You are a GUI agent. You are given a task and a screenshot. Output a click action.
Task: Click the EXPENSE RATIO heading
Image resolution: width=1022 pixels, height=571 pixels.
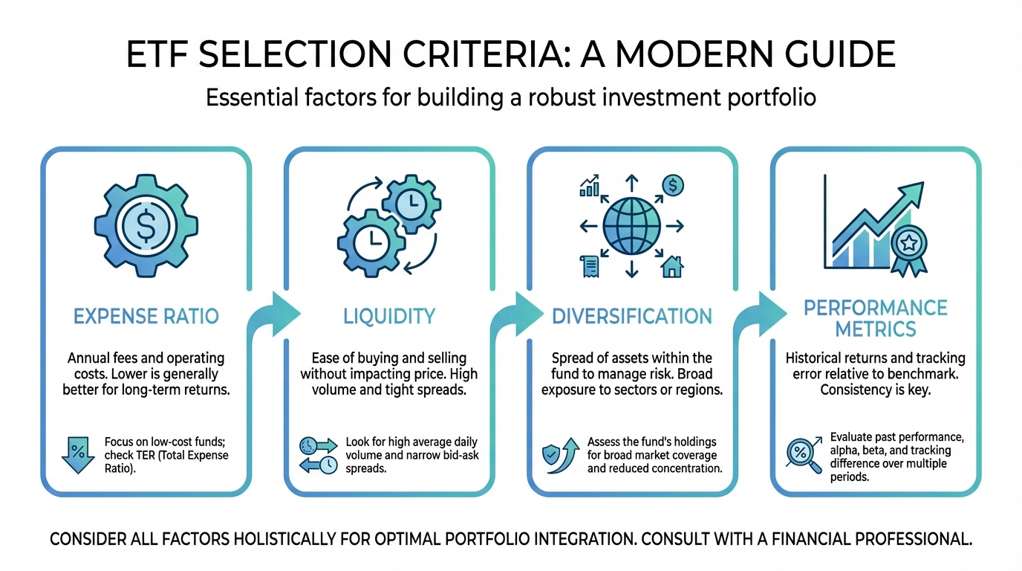146,316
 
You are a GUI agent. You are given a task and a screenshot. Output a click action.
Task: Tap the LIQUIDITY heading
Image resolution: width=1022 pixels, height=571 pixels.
389,316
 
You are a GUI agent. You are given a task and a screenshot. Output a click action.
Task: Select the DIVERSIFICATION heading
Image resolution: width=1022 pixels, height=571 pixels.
632,316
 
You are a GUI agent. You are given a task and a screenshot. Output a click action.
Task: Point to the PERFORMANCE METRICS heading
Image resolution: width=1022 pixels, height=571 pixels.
876,317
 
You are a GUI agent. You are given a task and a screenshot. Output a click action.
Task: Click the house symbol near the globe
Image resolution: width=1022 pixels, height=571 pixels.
672,266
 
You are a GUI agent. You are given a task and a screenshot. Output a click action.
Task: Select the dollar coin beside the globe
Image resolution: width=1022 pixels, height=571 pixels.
672,186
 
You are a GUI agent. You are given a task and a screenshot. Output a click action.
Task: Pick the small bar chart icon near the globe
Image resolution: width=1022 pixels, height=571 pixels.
590,186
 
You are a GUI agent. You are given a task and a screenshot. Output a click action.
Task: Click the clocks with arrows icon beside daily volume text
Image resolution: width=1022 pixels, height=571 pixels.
318,454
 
